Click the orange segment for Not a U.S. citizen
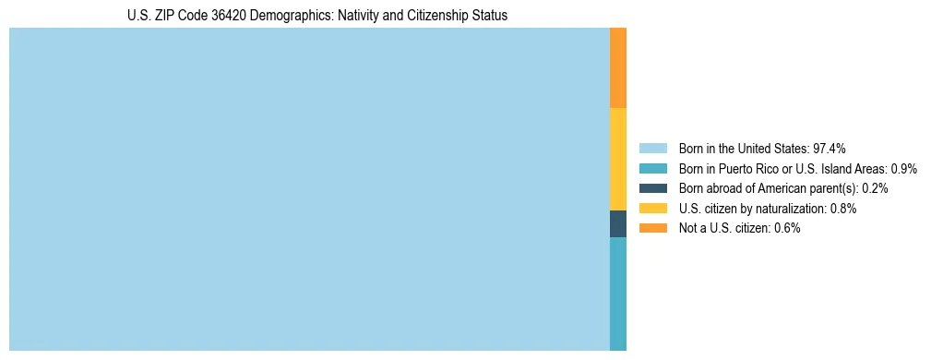click(x=618, y=67)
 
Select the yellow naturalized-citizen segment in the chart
click(x=618, y=159)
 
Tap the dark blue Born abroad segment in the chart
click(x=618, y=223)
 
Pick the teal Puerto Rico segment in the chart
click(x=618, y=294)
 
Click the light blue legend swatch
click(x=652, y=148)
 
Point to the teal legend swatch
click(x=652, y=168)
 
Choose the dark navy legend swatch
click(x=652, y=188)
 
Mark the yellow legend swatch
click(x=652, y=209)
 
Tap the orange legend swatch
click(x=652, y=228)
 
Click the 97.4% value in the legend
click(x=830, y=148)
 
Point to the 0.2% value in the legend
click(x=875, y=188)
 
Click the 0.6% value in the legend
click(x=785, y=228)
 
